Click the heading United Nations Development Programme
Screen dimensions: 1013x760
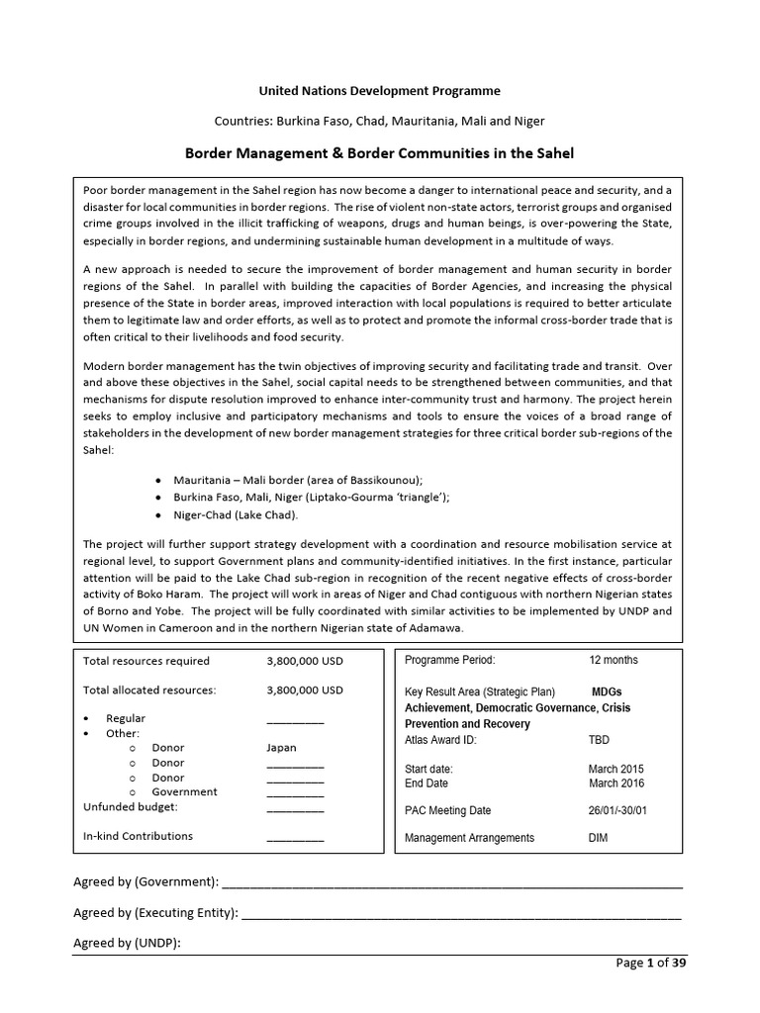(380, 90)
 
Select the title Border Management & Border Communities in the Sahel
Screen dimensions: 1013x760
(380, 153)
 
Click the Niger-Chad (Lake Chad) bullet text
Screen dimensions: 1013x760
(236, 515)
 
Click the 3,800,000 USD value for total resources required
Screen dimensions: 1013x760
(305, 661)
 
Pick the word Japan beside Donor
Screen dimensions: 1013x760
(281, 748)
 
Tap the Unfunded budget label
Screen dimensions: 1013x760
(131, 806)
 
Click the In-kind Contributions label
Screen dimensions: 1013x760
(139, 836)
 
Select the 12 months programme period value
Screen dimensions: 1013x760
(614, 660)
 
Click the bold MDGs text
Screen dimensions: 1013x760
(607, 691)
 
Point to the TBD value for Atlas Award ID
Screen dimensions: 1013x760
(600, 739)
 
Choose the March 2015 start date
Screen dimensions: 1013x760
(617, 769)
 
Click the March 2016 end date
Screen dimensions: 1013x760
(617, 783)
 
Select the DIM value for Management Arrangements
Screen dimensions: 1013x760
(599, 838)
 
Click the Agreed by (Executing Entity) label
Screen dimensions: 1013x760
(155, 913)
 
